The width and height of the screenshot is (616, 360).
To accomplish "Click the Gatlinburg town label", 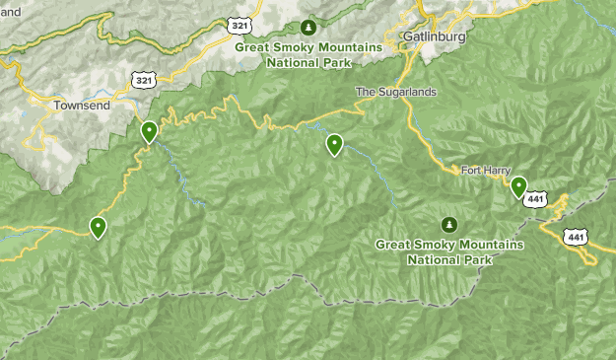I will point(433,36).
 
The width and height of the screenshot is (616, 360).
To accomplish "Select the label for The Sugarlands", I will point(395,93).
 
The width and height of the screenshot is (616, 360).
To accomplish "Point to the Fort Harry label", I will point(485,171).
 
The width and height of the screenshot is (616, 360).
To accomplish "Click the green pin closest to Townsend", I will point(149,131).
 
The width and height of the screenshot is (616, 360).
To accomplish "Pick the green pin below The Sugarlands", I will point(335,145).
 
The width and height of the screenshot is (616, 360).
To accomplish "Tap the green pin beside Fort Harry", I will point(518,186).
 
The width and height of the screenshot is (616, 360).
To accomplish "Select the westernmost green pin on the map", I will point(99,228).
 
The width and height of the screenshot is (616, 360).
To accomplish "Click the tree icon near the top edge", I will point(308,27).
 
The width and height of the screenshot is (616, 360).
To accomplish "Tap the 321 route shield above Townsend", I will point(144,78).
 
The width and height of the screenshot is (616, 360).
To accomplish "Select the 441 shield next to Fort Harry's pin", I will point(535,199).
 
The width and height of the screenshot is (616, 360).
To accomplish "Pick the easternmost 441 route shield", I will point(576,236).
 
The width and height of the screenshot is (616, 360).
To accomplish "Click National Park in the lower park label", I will point(449,261).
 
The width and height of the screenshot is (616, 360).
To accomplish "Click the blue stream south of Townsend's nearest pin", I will point(177,173).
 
